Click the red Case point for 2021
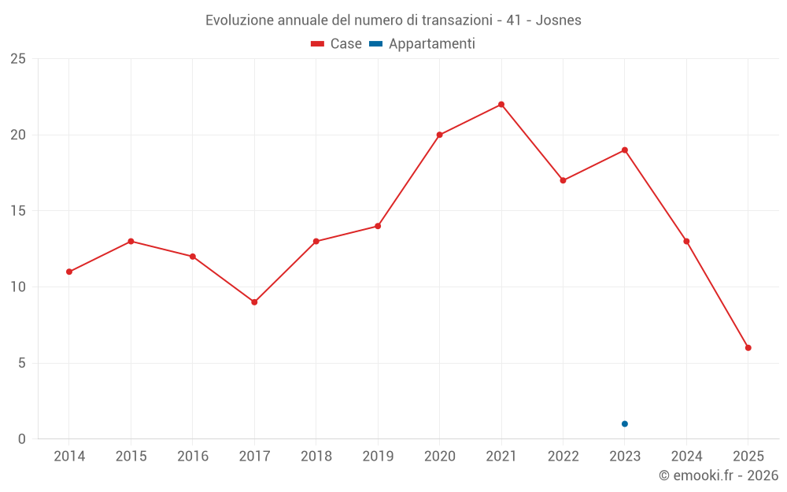point(501,105)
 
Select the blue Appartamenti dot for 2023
point(625,424)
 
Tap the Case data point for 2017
point(254,302)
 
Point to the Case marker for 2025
point(748,348)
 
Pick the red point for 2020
point(439,135)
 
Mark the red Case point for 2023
point(625,150)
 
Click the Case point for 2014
point(69,272)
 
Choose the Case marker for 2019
point(378,226)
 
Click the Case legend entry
point(337,44)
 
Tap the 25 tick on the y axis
point(18,59)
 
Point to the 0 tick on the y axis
point(22,439)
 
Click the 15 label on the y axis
point(18,211)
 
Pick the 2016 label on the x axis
point(193,457)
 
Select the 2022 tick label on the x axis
point(563,457)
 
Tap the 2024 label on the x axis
point(686,457)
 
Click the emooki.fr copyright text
point(719,475)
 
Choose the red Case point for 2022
point(563,180)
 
